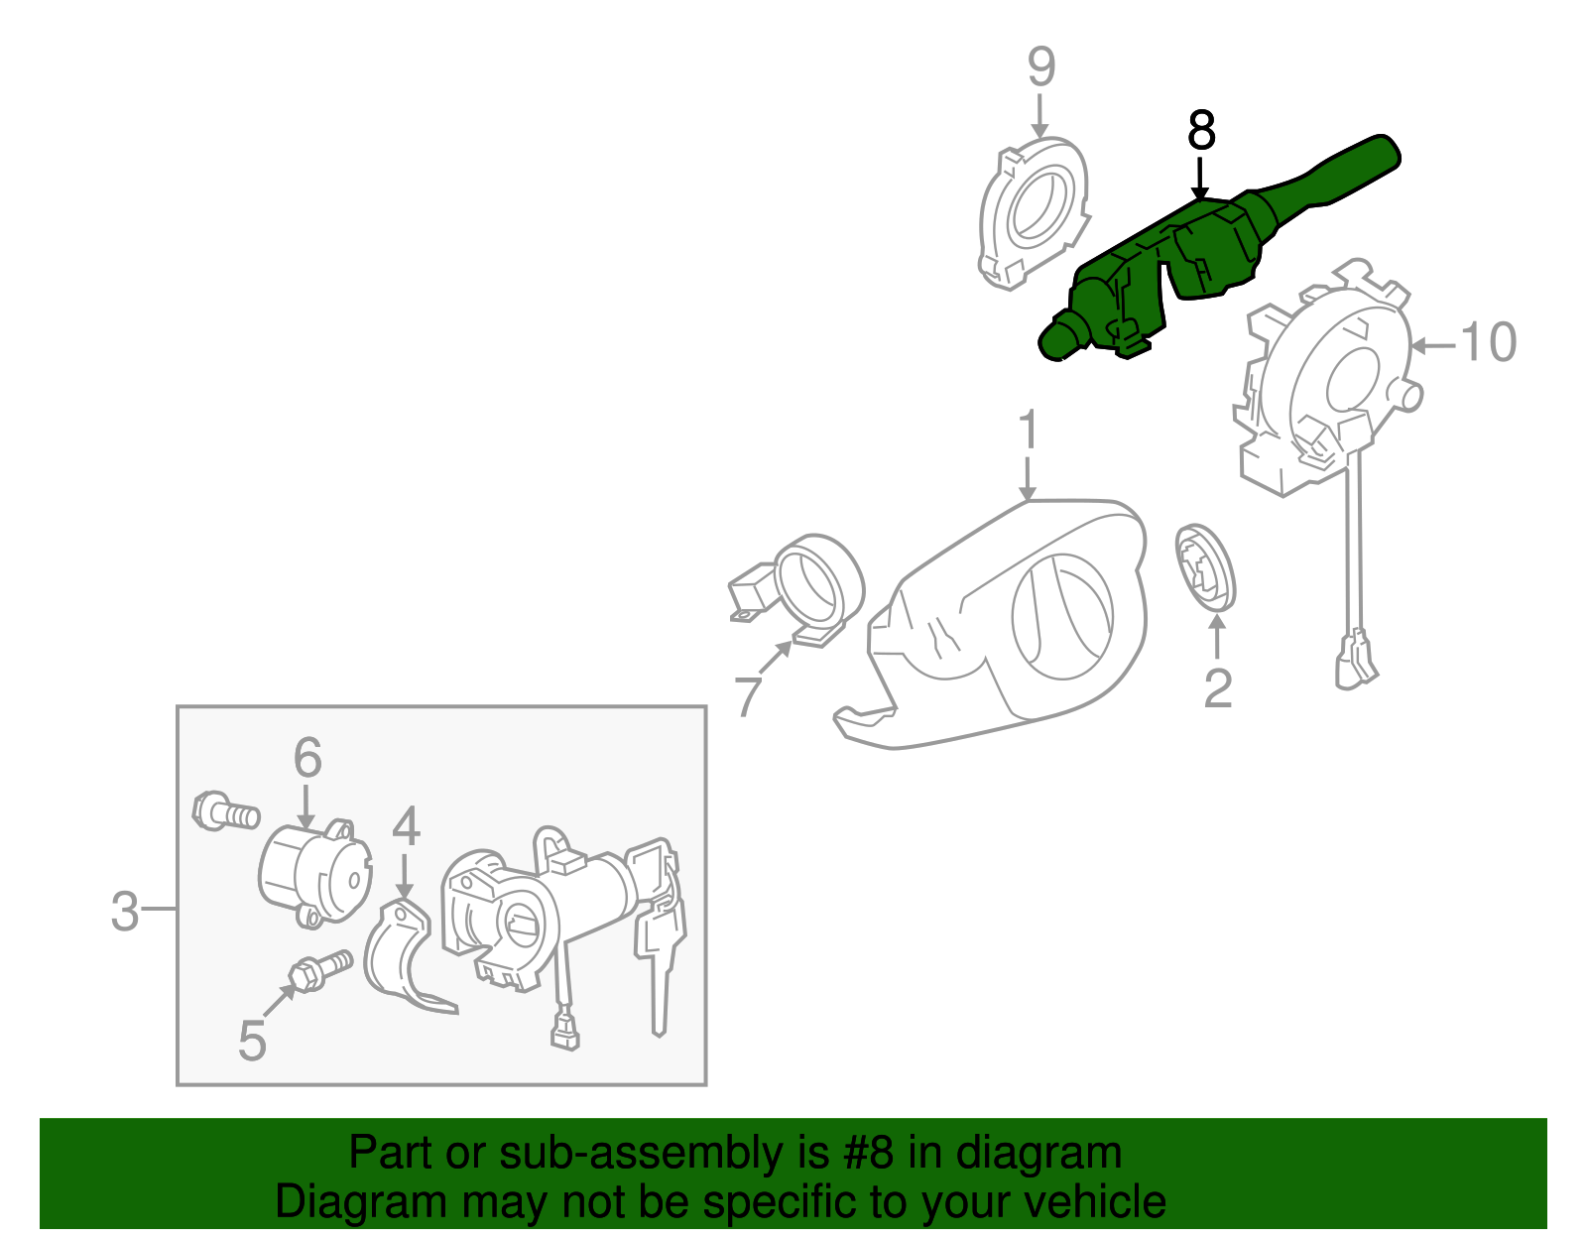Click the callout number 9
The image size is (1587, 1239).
(x=1041, y=66)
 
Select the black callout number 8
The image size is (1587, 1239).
(x=1201, y=131)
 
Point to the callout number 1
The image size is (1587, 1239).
(x=1029, y=430)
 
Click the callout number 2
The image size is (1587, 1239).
(x=1217, y=687)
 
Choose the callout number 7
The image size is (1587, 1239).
(x=748, y=695)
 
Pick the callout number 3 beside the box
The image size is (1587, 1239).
(x=125, y=912)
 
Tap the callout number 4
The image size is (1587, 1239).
(x=406, y=825)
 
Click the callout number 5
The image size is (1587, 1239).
(x=252, y=1042)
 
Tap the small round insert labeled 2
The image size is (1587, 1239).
(x=1205, y=568)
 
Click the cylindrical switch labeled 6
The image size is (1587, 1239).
(x=315, y=873)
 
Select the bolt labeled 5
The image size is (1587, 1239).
(x=320, y=970)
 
